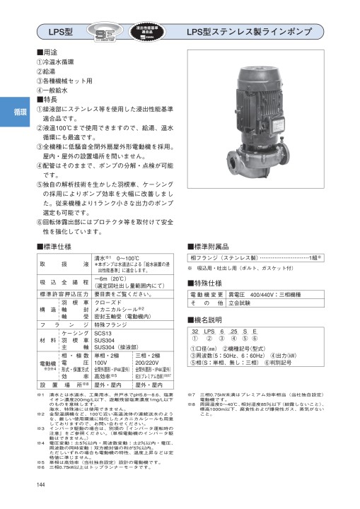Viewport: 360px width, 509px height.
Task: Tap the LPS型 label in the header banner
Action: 62,32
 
